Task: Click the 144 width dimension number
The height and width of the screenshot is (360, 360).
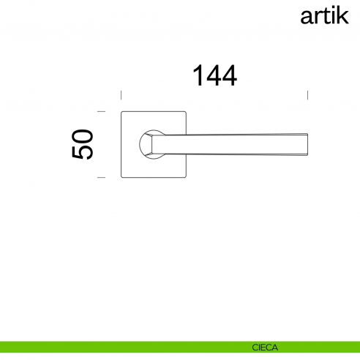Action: pyautogui.click(x=214, y=75)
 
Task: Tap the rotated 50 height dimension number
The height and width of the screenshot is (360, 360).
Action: pyautogui.click(x=83, y=144)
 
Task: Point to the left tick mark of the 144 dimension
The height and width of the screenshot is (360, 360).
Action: pyautogui.click(x=121, y=95)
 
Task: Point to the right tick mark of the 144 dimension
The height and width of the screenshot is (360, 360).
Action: pyautogui.click(x=307, y=95)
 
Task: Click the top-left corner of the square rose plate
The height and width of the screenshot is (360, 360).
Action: pyautogui.click(x=121, y=113)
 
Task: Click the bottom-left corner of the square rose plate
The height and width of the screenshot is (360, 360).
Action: pyautogui.click(x=121, y=176)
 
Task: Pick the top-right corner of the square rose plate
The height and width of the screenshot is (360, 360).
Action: pyautogui.click(x=186, y=113)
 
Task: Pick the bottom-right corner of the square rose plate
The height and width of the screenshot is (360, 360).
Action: pyautogui.click(x=186, y=176)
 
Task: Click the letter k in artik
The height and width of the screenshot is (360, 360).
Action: pyautogui.click(x=345, y=15)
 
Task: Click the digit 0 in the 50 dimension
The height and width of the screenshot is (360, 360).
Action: pyautogui.click(x=83, y=136)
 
